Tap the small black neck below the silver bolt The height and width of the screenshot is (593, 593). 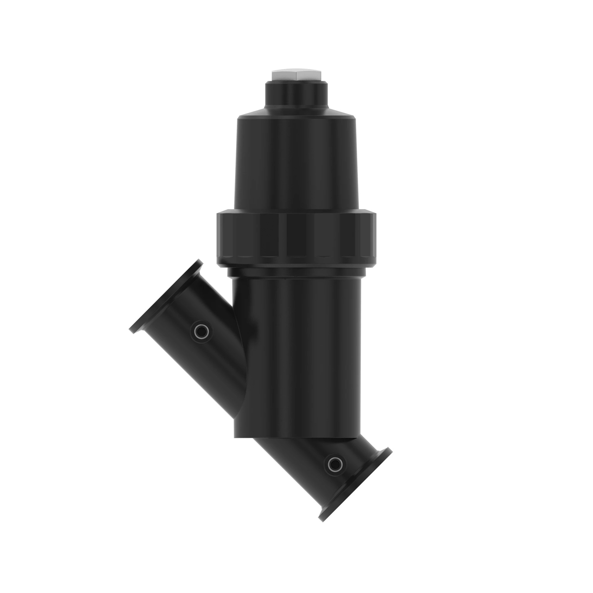[x=296, y=95]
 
